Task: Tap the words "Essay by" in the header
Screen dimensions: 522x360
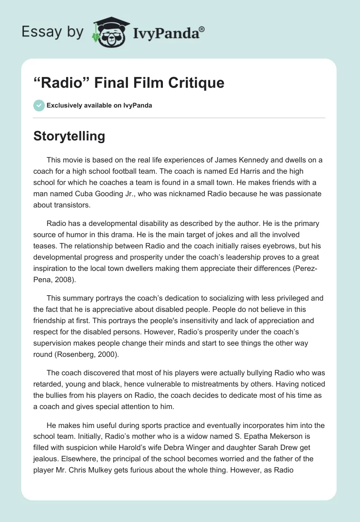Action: click(x=53, y=31)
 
